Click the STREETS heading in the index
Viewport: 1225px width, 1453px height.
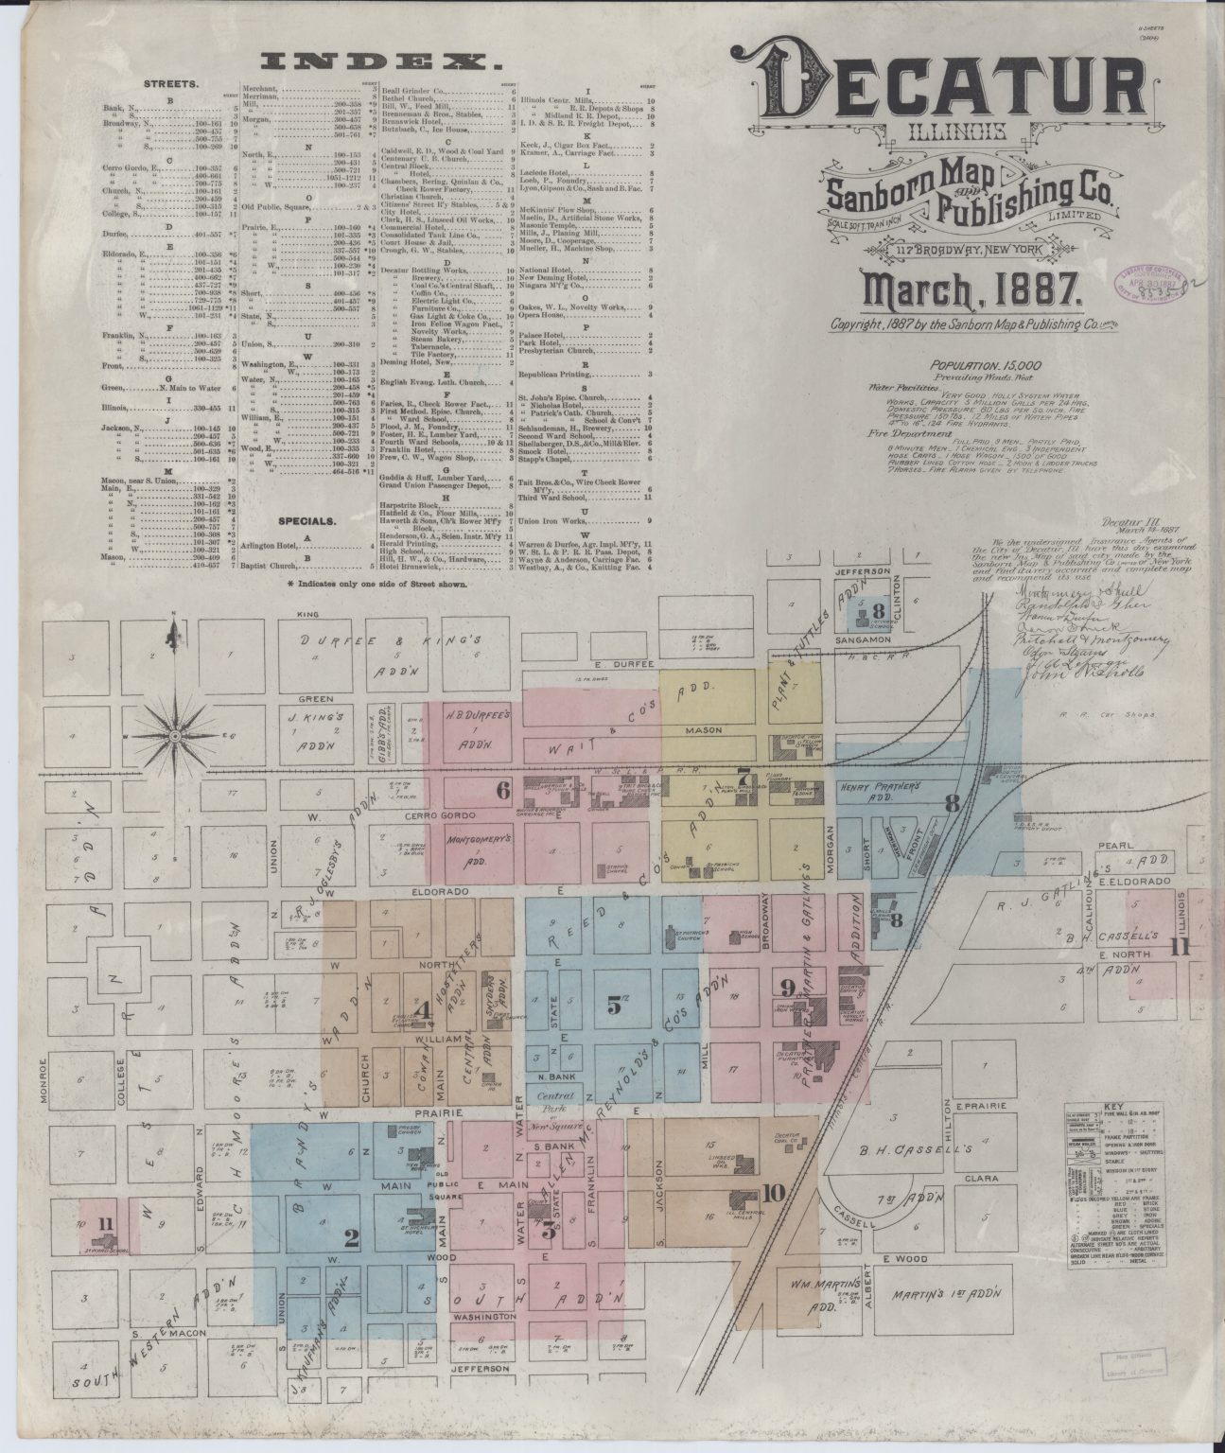coord(169,83)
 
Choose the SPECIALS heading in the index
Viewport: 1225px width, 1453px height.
coord(307,520)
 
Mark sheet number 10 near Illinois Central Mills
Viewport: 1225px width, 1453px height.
coord(773,1192)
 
